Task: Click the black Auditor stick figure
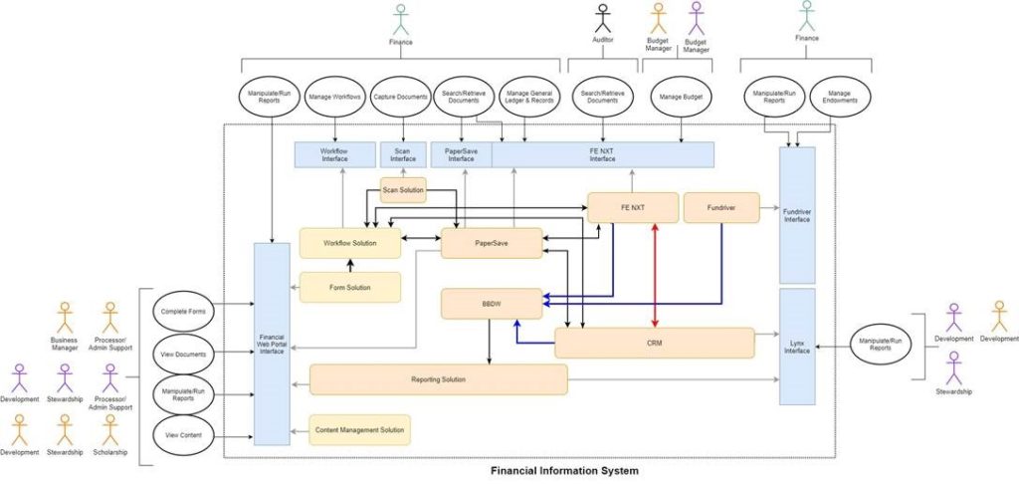point(603,19)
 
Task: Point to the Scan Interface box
point(403,154)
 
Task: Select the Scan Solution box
point(403,189)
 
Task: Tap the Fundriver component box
point(721,207)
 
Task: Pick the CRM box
point(654,343)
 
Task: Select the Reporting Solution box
point(438,379)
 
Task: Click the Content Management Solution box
point(359,429)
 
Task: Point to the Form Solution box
point(349,287)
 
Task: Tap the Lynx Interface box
point(797,346)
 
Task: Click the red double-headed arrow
point(655,275)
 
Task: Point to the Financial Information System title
point(564,470)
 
